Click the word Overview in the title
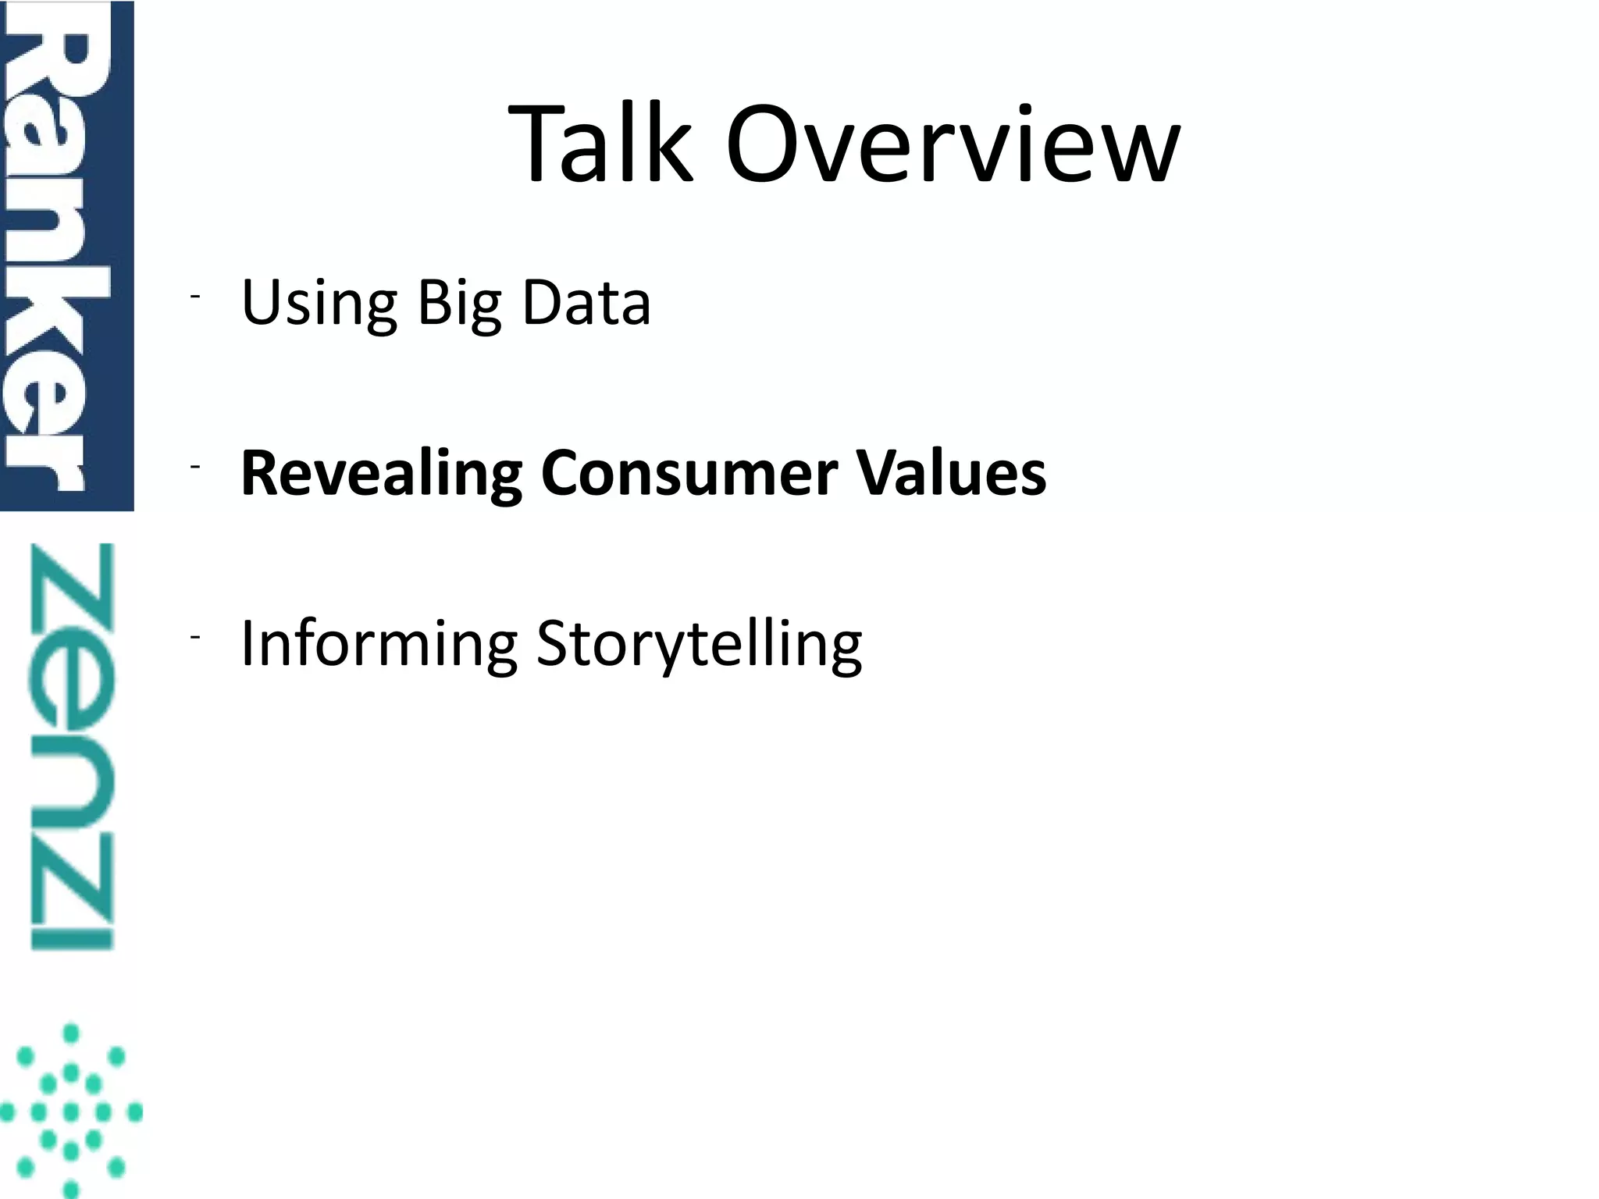point(953,146)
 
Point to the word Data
point(586,302)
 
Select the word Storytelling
point(699,645)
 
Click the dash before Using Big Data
point(194,296)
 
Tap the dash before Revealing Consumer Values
point(194,466)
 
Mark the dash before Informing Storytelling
point(194,638)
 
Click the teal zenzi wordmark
point(72,745)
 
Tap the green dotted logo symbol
point(70,1110)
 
